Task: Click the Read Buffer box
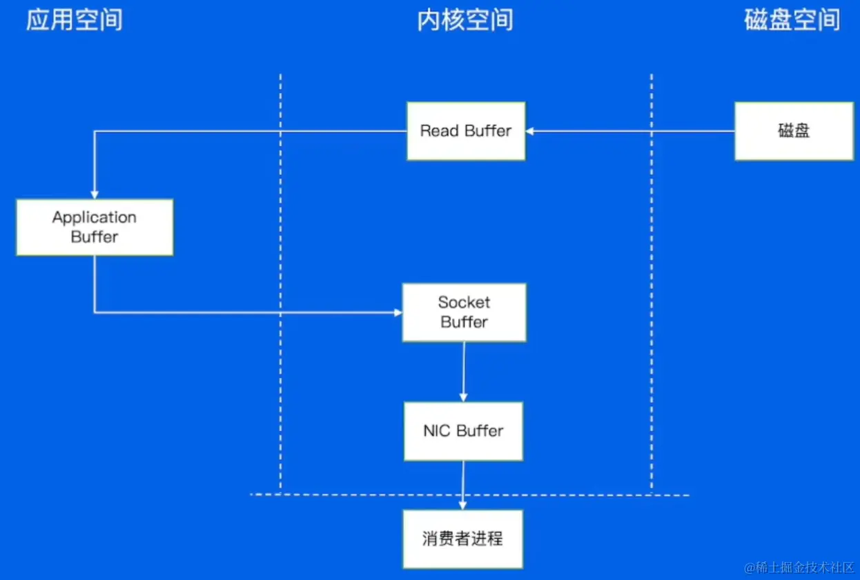tap(466, 131)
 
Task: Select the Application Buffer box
tap(95, 227)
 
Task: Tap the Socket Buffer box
tap(464, 312)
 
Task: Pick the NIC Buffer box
tap(463, 431)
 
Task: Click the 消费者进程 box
tap(462, 539)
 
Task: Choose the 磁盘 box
tap(794, 131)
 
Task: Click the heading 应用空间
tap(75, 20)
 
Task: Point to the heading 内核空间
tap(465, 20)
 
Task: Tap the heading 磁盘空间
tap(792, 20)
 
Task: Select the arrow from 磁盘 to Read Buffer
tap(628, 131)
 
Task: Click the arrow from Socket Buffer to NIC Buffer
tap(464, 371)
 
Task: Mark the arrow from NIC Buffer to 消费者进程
tap(463, 485)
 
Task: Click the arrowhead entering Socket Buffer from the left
tap(398, 312)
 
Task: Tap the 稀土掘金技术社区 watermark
tap(799, 568)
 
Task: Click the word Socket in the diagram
tap(464, 302)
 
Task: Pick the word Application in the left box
tap(95, 217)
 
